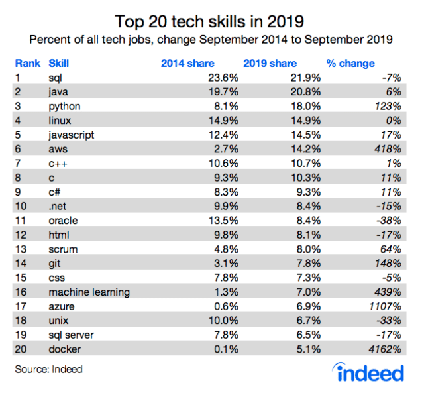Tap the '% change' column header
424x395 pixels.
tap(350, 64)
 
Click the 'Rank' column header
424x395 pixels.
tap(27, 64)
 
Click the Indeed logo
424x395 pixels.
tap(369, 372)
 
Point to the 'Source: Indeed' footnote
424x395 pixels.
tap(49, 369)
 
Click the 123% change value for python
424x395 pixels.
tap(388, 105)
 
